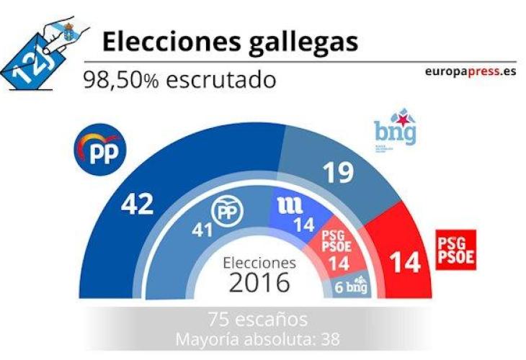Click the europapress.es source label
tap(471, 72)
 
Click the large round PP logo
tap(101, 150)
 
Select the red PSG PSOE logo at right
tap(456, 249)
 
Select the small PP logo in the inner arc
tap(226, 210)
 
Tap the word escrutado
tap(220, 79)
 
